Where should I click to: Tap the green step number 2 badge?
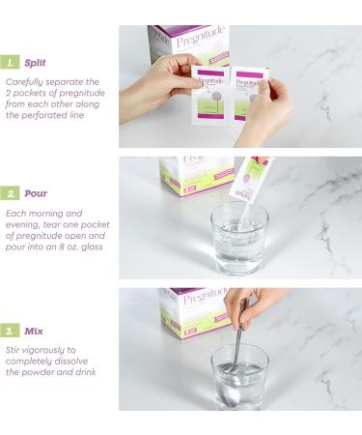[10, 193]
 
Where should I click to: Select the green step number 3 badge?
[10, 331]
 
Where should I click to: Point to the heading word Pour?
[36, 193]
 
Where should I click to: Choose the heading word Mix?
[34, 331]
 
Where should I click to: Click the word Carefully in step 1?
[24, 82]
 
